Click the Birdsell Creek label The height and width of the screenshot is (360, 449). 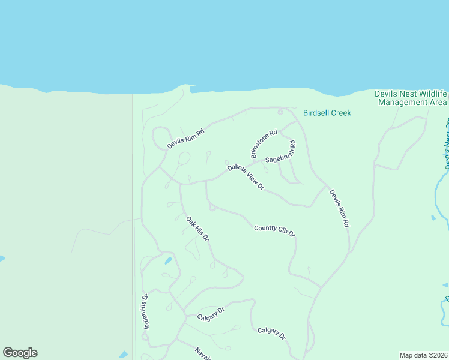[x=327, y=113]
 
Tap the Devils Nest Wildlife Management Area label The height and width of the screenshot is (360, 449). [x=411, y=98]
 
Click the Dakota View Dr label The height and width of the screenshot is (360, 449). [x=246, y=177]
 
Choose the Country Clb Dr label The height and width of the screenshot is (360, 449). [x=274, y=230]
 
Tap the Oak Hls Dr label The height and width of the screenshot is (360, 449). [x=197, y=229]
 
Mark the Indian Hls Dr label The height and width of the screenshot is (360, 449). [x=145, y=311]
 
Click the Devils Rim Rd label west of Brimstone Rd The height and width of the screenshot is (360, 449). [x=186, y=139]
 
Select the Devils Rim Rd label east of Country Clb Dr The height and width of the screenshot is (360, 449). [x=339, y=208]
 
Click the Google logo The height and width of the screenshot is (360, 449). [x=20, y=353]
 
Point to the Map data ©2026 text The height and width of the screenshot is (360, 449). [x=423, y=355]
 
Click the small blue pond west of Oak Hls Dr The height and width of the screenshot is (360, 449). [x=169, y=261]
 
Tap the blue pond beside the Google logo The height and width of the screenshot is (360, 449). [x=124, y=355]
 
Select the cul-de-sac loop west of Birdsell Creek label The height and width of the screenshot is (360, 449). [x=280, y=112]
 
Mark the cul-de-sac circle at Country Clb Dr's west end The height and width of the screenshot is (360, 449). [x=212, y=208]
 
